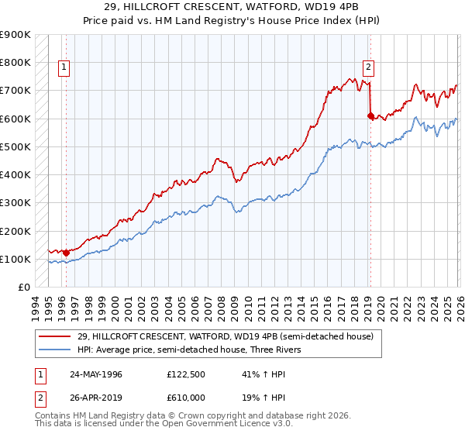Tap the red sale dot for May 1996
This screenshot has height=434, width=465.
coord(66,252)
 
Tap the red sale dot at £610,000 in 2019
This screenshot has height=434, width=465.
coord(370,115)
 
